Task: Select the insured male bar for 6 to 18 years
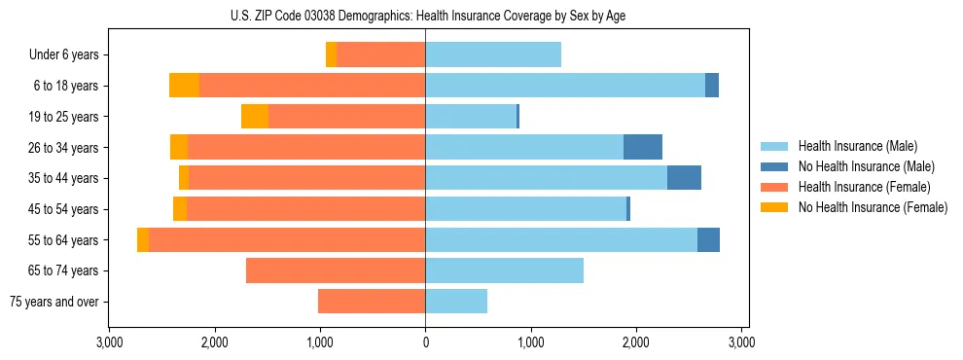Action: pyautogui.click(x=564, y=86)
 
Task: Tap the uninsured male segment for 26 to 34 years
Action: pyautogui.click(x=643, y=147)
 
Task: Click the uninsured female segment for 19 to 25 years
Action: pyautogui.click(x=255, y=117)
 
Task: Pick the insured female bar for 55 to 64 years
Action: pyautogui.click(x=287, y=239)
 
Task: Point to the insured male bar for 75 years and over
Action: pyautogui.click(x=456, y=302)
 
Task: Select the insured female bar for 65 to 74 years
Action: pyautogui.click(x=336, y=270)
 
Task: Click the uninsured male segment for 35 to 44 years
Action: pyautogui.click(x=684, y=178)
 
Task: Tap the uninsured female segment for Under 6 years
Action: pyautogui.click(x=332, y=55)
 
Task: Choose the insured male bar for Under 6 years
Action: pyautogui.click(x=493, y=55)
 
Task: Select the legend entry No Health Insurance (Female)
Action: pyautogui.click(x=873, y=207)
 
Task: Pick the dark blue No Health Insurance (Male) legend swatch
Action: pyautogui.click(x=774, y=166)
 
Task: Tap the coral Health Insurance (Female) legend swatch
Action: pyautogui.click(x=774, y=187)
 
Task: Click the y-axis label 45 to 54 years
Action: pyautogui.click(x=64, y=209)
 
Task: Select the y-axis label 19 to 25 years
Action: pyautogui.click(x=64, y=117)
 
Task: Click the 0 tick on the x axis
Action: pyautogui.click(x=425, y=342)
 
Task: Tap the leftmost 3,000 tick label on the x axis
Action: pyautogui.click(x=109, y=342)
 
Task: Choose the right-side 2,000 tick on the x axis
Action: pyautogui.click(x=636, y=342)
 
